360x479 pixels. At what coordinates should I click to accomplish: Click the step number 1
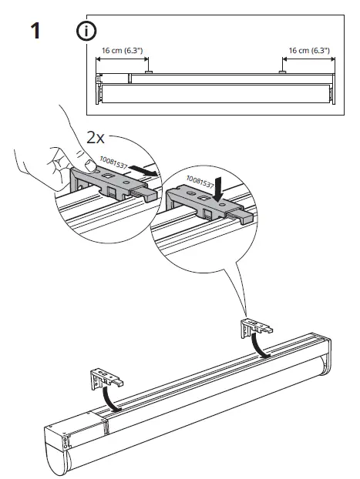coord(34,35)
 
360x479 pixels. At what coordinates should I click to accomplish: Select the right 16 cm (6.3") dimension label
coord(308,49)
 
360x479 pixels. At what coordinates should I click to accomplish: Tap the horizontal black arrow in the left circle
coord(146,169)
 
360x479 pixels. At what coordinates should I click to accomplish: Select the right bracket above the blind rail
coord(255,327)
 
